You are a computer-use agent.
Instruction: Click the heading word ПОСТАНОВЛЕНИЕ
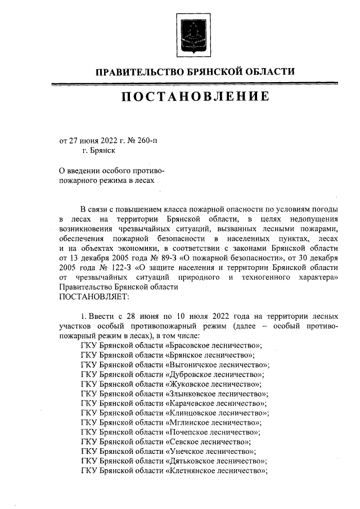point(194,96)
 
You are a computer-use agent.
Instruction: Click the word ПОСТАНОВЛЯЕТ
point(94,296)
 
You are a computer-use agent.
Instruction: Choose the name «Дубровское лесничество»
point(215,375)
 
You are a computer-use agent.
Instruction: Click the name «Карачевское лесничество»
point(217,403)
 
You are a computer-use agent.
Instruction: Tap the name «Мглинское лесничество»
point(214,422)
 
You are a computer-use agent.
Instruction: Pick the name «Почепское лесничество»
point(213,432)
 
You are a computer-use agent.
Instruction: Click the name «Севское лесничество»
point(209,442)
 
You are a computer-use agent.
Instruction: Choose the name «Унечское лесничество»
point(211,451)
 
